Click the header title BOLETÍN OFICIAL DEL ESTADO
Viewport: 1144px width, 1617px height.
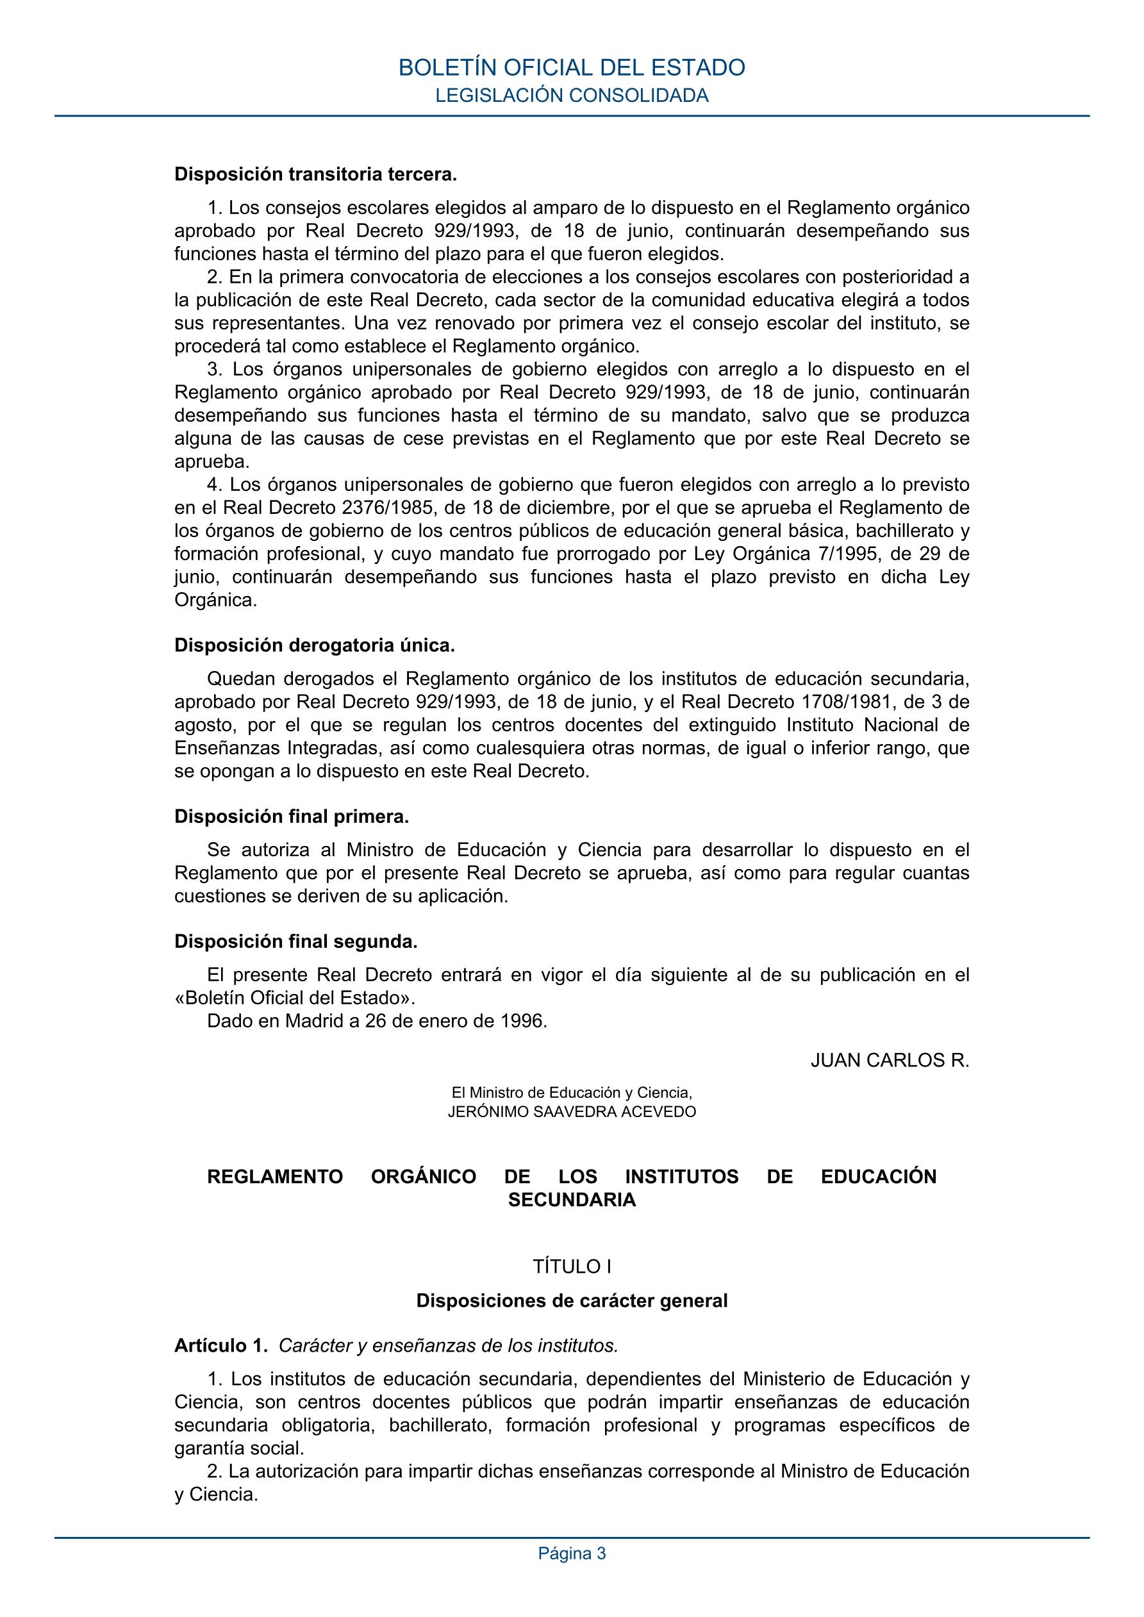571,67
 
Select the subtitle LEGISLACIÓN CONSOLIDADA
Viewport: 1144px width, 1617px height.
571,95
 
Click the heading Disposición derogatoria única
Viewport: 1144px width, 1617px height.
315,645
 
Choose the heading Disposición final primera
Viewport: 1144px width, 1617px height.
292,817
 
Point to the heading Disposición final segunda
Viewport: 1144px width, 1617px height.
296,941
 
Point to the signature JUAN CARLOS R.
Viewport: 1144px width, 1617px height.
890,1060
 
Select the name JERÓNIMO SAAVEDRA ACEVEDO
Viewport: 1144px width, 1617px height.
571,1112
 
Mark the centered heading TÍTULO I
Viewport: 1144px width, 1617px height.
571,1267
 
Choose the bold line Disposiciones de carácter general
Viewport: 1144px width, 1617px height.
571,1301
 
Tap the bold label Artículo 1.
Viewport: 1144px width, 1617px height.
221,1346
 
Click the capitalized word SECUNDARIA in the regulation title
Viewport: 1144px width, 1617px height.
571,1200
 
